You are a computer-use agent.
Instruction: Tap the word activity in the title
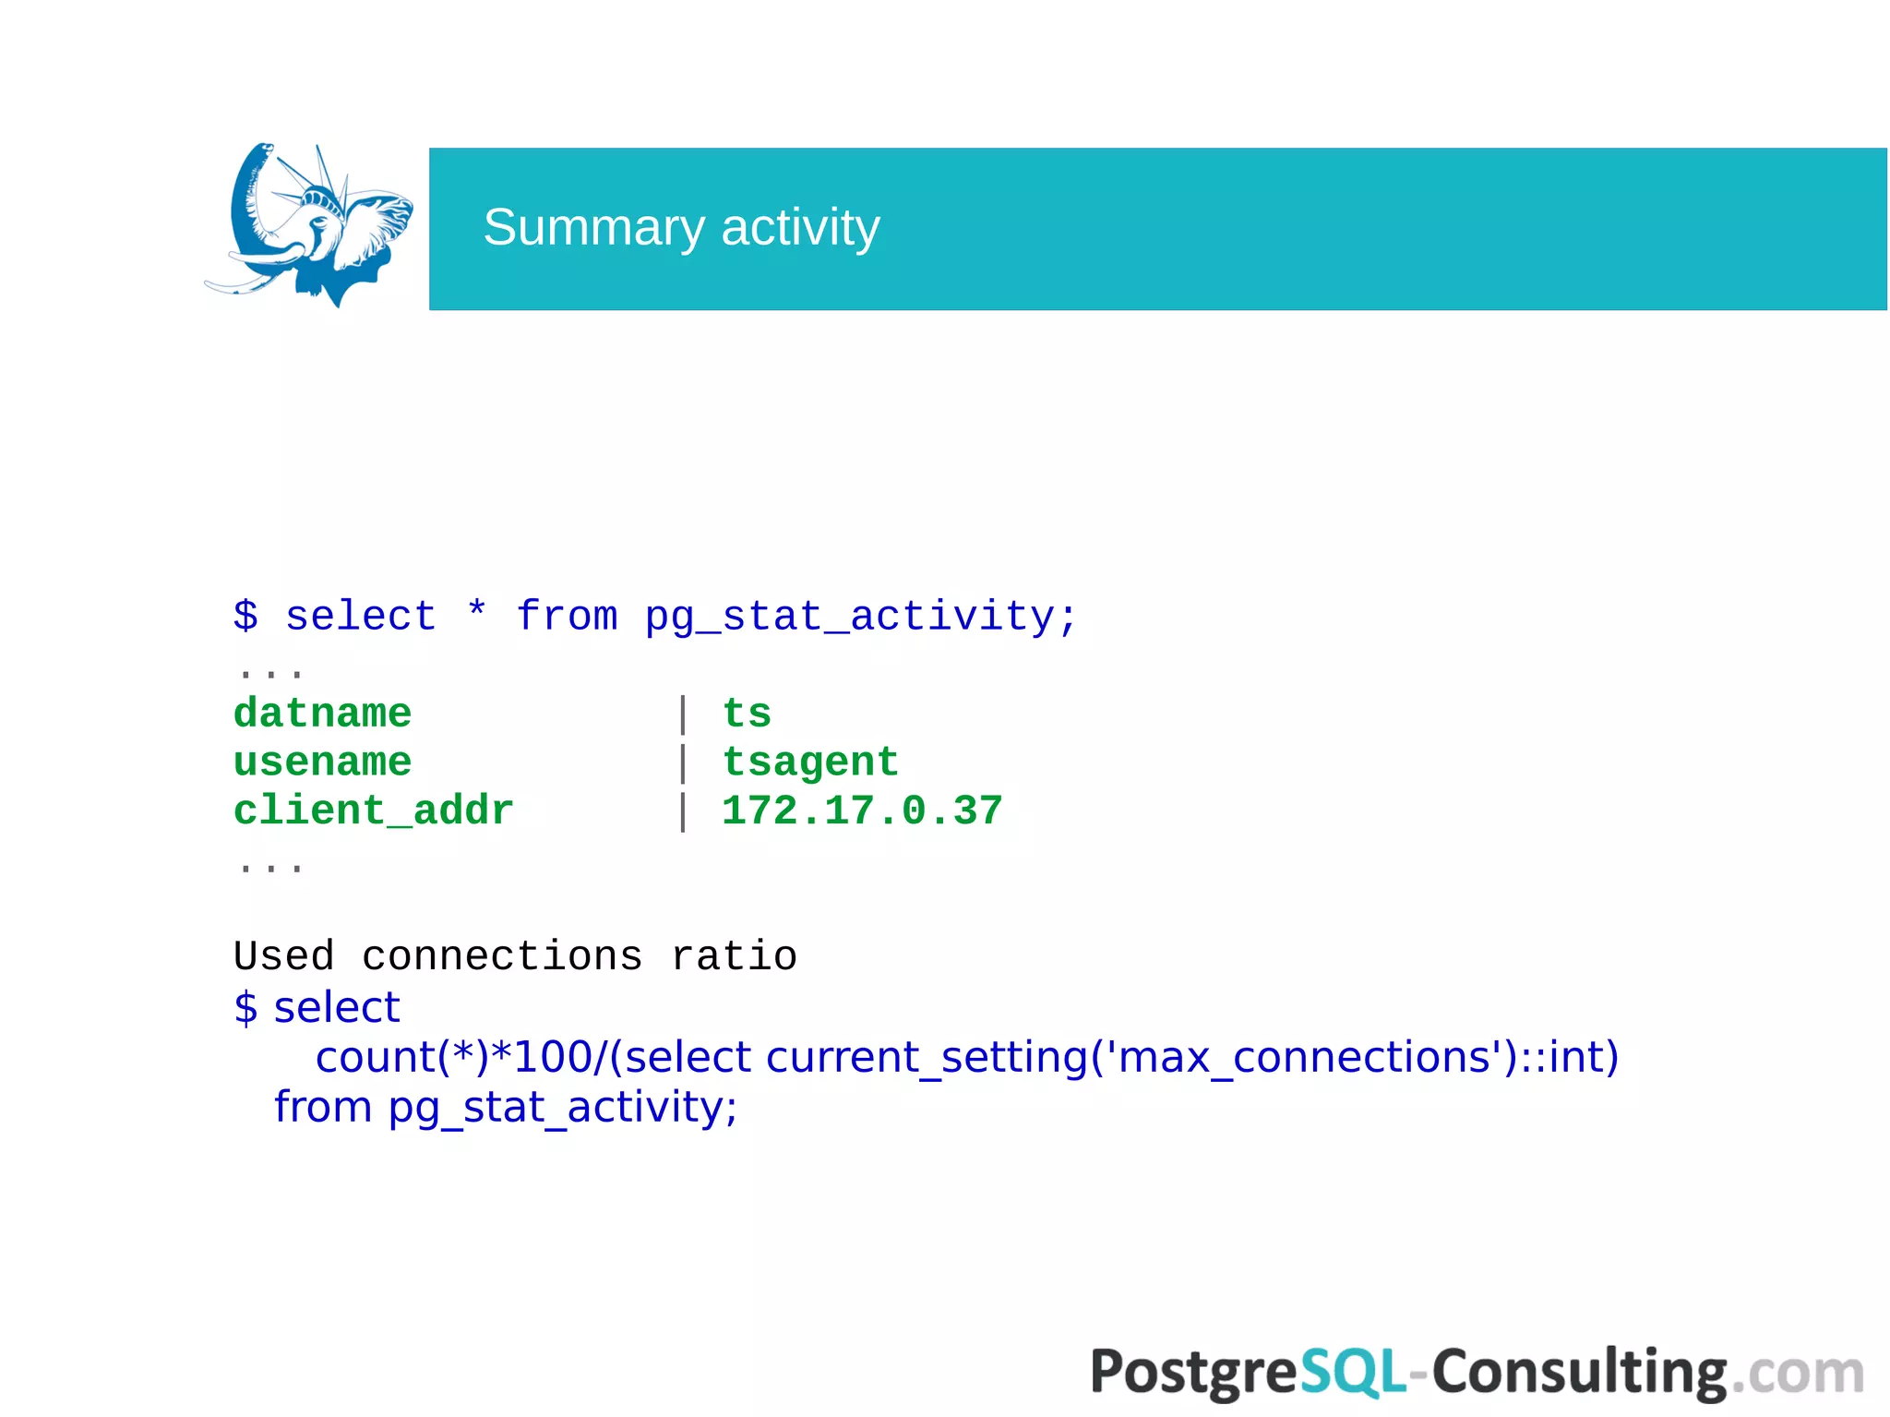[800, 228]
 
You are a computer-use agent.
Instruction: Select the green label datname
[322, 714]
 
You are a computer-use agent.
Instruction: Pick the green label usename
[322, 763]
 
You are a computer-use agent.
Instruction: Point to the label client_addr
[373, 811]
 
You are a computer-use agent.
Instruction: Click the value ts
[746, 714]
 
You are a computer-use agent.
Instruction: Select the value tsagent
[809, 763]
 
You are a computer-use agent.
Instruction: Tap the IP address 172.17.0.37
[861, 811]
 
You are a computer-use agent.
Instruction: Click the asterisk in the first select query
[476, 612]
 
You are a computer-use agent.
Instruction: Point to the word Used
[283, 956]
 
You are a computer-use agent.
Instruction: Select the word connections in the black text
[501, 956]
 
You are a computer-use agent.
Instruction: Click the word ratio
[734, 956]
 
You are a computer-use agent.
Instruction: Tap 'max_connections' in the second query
[1304, 1058]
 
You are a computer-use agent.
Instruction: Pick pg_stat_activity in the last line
[562, 1108]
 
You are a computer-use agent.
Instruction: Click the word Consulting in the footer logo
[1579, 1373]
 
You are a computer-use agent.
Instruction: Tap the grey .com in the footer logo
[1797, 1373]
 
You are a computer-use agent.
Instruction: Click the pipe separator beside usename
[683, 763]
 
